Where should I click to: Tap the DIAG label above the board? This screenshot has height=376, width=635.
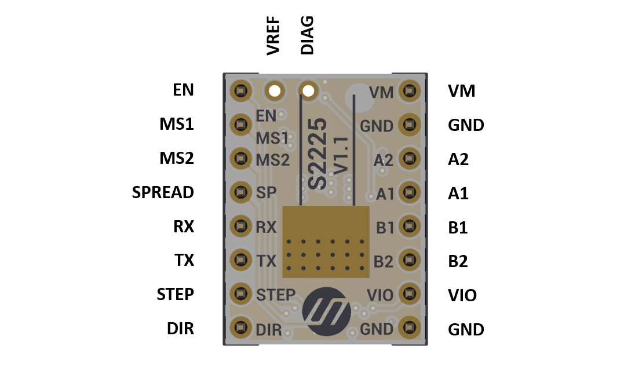point(307,36)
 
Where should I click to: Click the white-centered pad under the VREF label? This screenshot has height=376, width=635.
point(274,91)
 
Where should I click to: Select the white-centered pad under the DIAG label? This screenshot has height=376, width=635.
point(308,91)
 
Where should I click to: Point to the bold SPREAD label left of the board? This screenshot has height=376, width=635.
point(163,192)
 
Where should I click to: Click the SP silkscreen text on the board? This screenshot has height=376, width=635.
point(266,193)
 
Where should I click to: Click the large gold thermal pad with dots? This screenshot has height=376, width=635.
point(326,242)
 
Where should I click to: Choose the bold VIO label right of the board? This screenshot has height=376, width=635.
point(462,295)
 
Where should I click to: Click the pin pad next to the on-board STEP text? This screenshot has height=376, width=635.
point(239,294)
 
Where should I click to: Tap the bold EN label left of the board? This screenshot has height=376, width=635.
point(183,90)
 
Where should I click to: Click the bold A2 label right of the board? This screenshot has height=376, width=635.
point(458,159)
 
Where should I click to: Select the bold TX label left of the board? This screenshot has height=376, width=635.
point(184,261)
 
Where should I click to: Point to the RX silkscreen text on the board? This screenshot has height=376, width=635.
point(266,227)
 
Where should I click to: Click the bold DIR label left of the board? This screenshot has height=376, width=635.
point(180,329)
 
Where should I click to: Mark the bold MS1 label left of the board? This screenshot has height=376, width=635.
point(177,125)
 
